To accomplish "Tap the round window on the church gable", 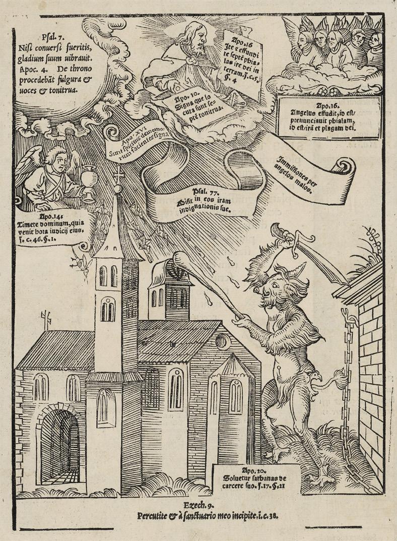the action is pos(223,341).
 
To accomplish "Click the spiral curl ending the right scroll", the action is pos(345,166).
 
